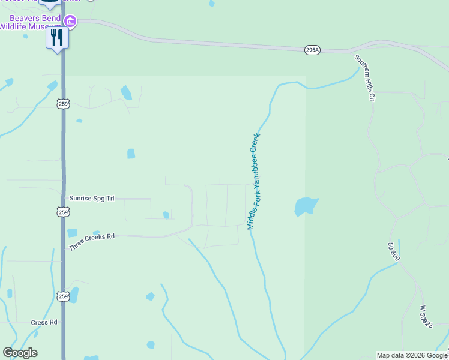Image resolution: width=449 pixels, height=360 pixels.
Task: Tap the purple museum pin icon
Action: (70, 22)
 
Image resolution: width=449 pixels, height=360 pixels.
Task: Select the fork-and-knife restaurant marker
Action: (58, 38)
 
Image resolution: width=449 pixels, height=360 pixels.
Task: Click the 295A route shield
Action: (312, 50)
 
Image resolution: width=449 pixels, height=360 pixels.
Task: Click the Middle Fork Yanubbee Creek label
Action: (255, 181)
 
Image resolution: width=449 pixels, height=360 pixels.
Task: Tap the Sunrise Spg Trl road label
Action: (92, 197)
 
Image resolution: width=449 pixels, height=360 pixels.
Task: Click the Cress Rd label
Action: (45, 322)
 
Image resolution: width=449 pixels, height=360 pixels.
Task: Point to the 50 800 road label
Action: (394, 251)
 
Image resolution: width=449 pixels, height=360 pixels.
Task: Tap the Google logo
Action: (20, 353)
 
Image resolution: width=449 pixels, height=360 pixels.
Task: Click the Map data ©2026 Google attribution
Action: (412, 355)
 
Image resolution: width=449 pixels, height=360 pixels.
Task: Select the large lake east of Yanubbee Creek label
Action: (305, 206)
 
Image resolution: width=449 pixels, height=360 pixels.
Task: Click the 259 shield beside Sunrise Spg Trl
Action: (64, 212)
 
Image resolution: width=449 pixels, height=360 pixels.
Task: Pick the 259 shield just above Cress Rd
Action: (64, 296)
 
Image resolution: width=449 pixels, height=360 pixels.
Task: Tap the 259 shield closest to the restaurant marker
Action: (64, 104)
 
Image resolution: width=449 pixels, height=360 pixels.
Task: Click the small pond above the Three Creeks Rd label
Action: (73, 233)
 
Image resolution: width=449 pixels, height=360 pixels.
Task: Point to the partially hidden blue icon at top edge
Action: (50, 3)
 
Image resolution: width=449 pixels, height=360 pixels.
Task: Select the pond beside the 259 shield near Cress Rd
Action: (74, 295)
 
